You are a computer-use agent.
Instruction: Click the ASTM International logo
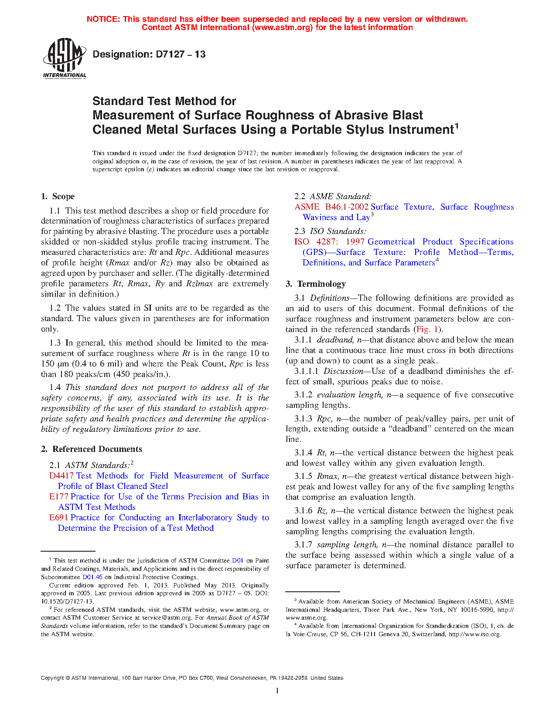[x=65, y=58]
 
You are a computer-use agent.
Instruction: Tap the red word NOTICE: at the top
[x=103, y=19]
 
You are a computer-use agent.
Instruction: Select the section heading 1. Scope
[x=58, y=197]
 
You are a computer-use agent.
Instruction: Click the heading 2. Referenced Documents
[x=92, y=449]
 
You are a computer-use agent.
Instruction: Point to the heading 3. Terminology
[x=316, y=284]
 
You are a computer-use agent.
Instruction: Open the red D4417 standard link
[x=61, y=476]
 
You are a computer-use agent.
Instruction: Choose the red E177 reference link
[x=58, y=497]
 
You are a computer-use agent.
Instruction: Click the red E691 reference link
[x=58, y=518]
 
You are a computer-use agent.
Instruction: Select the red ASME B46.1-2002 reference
[x=331, y=207]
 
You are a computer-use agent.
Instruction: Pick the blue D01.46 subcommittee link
[x=92, y=577]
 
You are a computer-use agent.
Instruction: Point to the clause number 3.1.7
[x=303, y=545]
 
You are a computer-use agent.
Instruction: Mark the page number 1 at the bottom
[x=277, y=691]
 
